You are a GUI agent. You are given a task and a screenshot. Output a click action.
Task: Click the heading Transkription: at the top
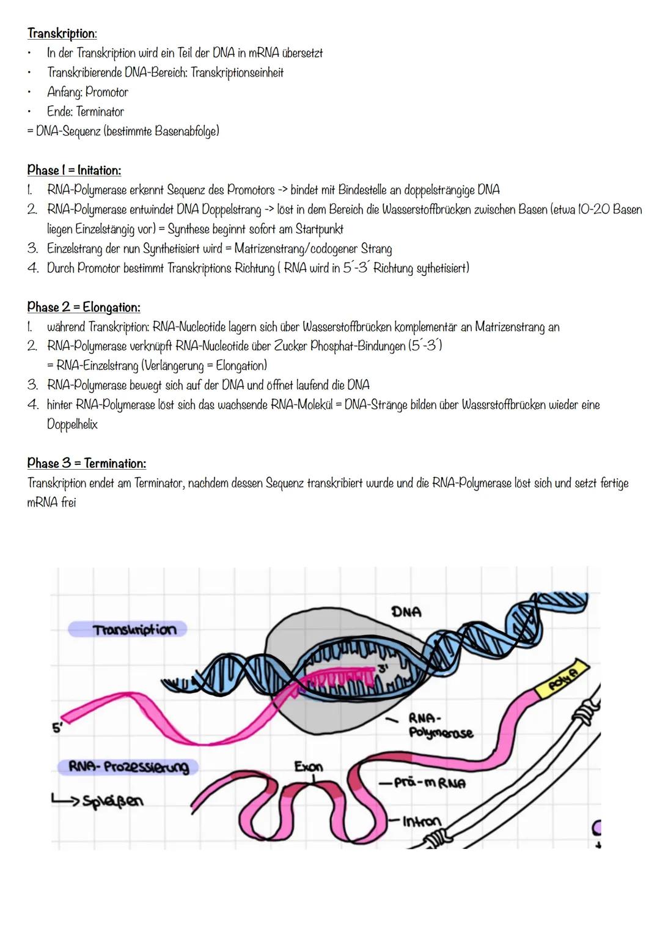62,33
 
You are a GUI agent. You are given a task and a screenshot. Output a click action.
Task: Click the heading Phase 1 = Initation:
74,170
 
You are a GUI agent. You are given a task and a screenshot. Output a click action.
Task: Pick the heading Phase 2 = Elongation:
84,307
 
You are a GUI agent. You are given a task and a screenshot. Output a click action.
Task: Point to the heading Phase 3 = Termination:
86,463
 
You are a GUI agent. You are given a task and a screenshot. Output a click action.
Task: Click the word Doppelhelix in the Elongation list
72,424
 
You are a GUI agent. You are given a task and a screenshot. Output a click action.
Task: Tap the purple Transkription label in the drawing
134,629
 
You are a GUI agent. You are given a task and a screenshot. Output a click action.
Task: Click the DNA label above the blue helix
406,612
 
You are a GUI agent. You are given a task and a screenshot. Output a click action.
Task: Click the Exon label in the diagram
309,766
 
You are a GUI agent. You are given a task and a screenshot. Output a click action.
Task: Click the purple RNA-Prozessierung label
128,766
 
